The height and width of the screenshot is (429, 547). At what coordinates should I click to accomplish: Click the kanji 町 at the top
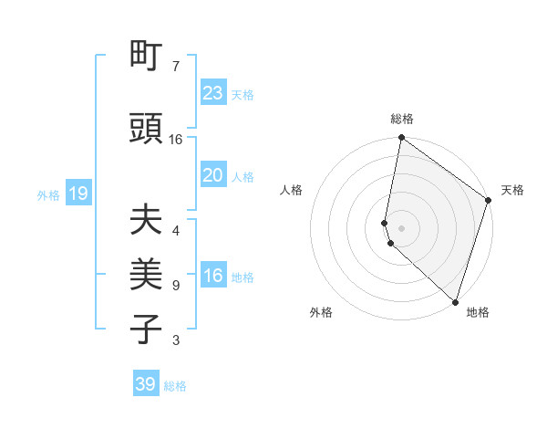(147, 58)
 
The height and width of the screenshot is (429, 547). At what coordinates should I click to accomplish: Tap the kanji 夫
(147, 222)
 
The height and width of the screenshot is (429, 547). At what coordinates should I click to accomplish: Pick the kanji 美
(147, 275)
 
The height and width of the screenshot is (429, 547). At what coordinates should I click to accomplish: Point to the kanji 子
(147, 330)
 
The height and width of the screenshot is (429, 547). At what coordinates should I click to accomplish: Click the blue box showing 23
(213, 93)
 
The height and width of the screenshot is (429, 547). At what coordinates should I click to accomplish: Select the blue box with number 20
(213, 175)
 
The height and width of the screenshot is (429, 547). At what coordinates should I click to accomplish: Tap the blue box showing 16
(213, 276)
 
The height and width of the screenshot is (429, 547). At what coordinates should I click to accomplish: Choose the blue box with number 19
(77, 194)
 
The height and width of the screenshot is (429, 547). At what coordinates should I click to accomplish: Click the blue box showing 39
(146, 384)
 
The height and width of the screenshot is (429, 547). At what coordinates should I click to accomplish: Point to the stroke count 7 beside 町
(176, 67)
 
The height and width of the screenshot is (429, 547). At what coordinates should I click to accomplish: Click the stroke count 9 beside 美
(176, 286)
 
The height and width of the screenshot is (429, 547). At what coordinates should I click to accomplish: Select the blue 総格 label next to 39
(175, 386)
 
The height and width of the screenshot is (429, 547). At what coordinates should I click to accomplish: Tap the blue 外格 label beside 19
(47, 194)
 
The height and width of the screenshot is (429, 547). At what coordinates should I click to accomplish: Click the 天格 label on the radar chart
(512, 190)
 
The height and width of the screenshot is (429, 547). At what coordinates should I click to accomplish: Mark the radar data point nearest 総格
(401, 138)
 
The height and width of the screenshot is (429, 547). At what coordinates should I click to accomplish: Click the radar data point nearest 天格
(489, 201)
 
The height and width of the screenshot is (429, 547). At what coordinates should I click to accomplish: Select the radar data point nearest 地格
(455, 302)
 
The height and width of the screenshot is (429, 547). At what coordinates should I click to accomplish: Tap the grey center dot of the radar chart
(401, 227)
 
